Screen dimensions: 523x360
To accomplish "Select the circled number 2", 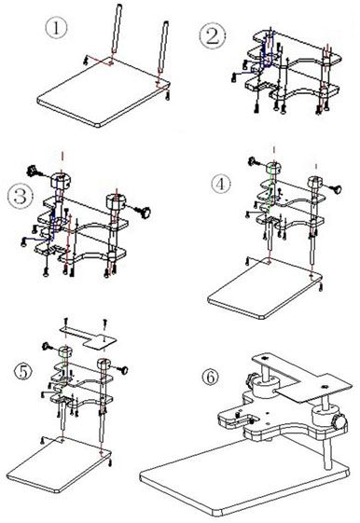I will (211, 36).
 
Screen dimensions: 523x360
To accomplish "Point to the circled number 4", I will (219, 185).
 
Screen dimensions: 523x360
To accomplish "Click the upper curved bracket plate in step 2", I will (298, 47).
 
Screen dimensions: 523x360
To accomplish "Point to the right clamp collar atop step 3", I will (118, 200).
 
